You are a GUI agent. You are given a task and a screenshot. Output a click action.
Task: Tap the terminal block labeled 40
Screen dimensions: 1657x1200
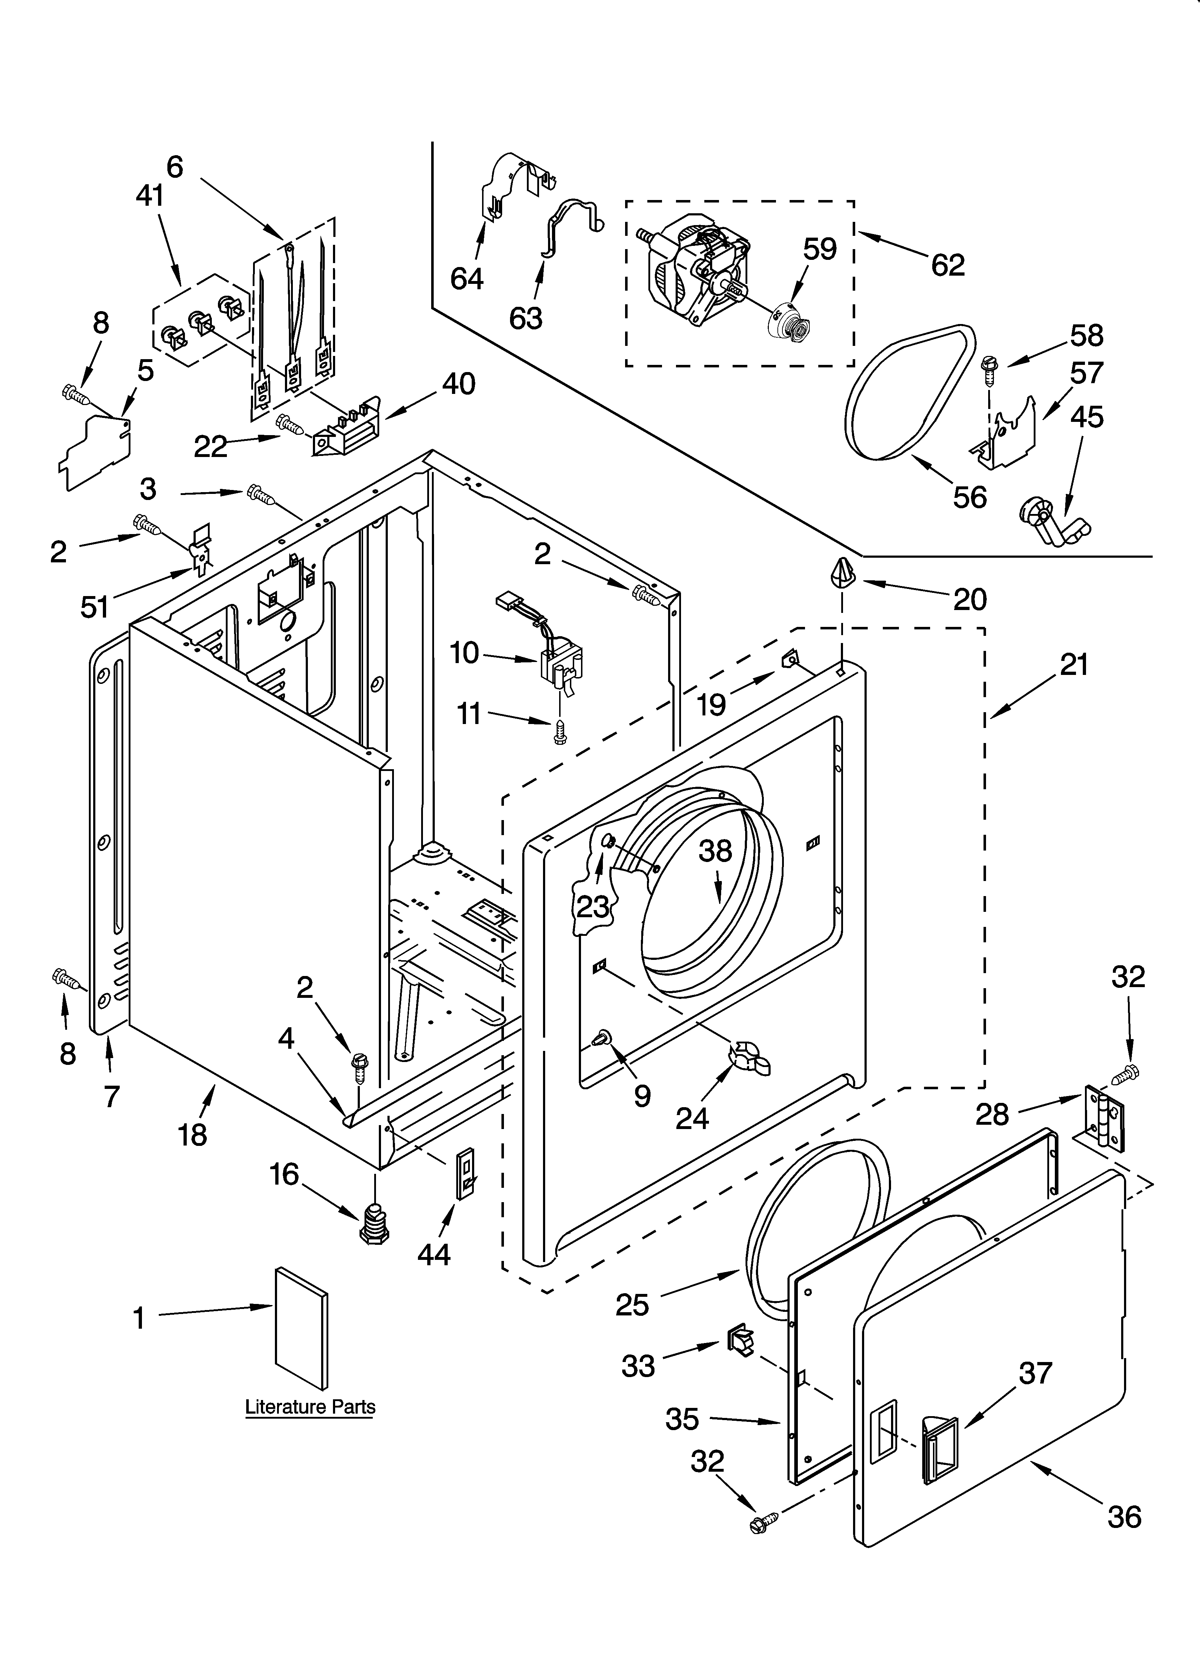(x=349, y=431)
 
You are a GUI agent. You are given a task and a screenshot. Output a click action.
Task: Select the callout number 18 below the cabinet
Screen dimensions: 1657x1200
(x=192, y=1135)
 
